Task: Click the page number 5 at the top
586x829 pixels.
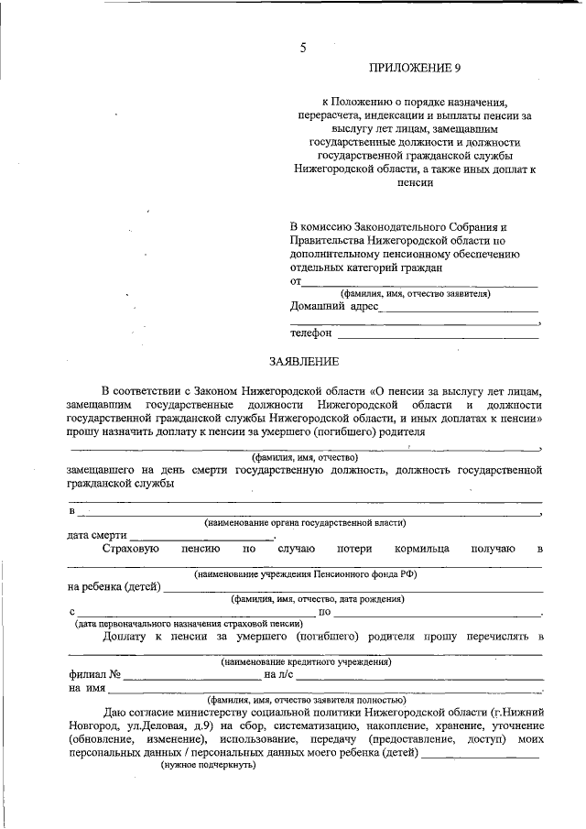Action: pyautogui.click(x=302, y=49)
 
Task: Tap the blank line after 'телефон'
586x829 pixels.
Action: pyautogui.click(x=438, y=336)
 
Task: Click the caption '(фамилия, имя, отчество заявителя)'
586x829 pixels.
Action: pyautogui.click(x=415, y=294)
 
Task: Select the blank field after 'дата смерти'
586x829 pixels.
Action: pyautogui.click(x=202, y=537)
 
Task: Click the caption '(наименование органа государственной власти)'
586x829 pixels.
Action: pyautogui.click(x=305, y=523)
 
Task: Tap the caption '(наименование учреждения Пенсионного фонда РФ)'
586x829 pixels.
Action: pyautogui.click(x=305, y=574)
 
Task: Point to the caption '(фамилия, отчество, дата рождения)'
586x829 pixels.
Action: pyautogui.click(x=318, y=599)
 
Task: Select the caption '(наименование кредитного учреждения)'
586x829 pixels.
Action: pyautogui.click(x=306, y=661)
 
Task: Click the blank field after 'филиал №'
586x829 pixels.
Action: pyautogui.click(x=192, y=675)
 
